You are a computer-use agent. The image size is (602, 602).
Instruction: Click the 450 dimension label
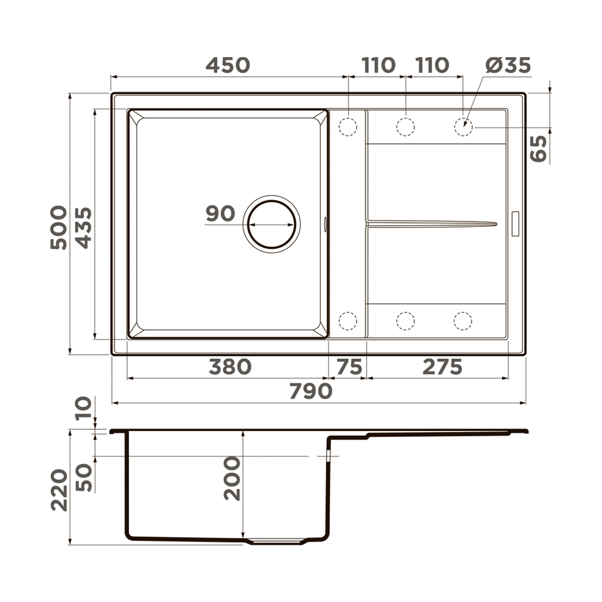[x=228, y=65]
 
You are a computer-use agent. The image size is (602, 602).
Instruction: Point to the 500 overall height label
[x=59, y=227]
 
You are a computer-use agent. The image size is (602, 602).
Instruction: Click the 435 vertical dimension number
[x=84, y=228]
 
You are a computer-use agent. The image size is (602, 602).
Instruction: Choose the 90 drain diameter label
[x=220, y=214]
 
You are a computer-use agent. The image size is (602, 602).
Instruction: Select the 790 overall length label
[x=311, y=391]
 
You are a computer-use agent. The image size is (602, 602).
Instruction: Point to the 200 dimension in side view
[x=232, y=479]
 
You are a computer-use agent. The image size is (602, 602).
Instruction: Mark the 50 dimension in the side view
[x=84, y=477]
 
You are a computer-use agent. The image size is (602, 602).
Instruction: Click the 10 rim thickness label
[x=84, y=407]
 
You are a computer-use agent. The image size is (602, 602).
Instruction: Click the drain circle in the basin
[x=272, y=224]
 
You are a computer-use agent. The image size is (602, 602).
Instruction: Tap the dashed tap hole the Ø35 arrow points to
[x=463, y=127]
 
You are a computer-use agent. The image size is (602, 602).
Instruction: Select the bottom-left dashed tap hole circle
[x=348, y=321]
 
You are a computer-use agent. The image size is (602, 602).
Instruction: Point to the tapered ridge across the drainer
[x=432, y=224]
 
